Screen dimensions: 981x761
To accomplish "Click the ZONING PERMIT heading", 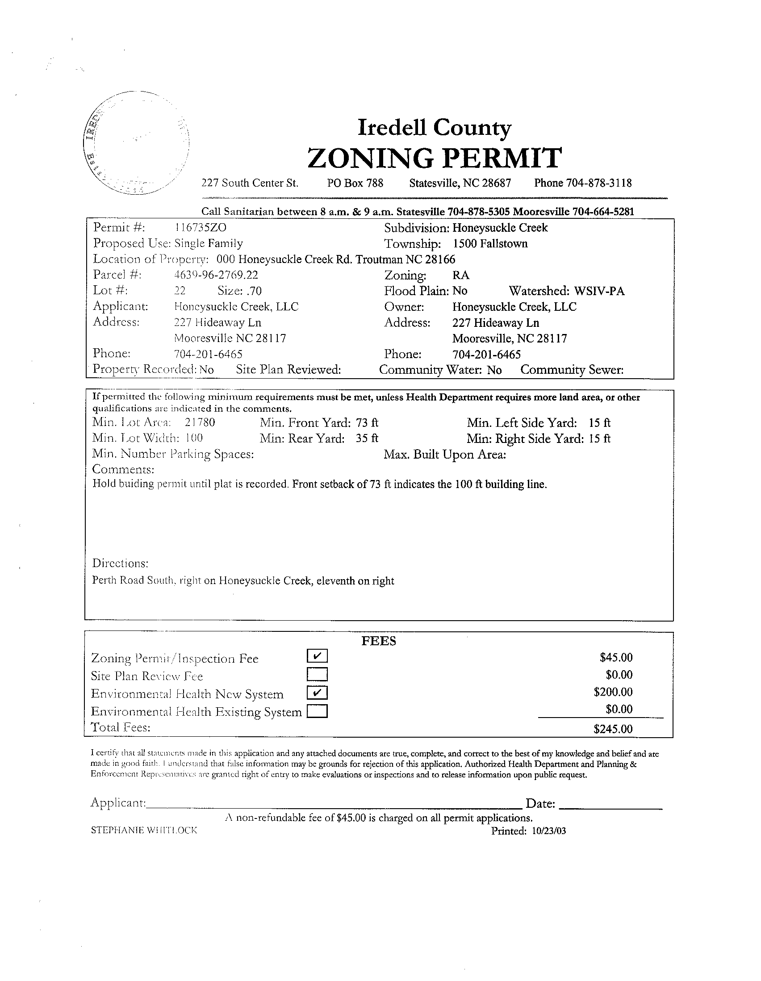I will tap(435, 158).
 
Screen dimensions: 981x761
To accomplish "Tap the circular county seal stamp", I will tap(136, 143).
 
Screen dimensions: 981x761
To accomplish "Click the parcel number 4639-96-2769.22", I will tap(216, 275).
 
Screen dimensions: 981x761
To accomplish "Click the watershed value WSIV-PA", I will tap(599, 291).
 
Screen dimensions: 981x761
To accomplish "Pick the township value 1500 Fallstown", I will tap(490, 244).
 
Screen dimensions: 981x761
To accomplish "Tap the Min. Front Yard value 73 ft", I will tap(367, 423).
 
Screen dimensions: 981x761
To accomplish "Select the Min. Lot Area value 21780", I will tap(200, 423).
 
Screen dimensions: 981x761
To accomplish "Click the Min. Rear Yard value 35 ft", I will tap(367, 438).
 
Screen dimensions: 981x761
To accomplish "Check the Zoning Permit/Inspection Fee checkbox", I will tap(318, 656).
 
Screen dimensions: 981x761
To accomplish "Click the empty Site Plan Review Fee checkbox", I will tap(318, 675).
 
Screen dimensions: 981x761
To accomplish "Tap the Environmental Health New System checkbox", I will tap(318, 693).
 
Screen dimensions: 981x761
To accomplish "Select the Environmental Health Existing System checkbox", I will tap(318, 711).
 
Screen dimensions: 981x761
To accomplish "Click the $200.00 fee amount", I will tap(613, 692).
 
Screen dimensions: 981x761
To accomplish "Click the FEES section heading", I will tap(379, 641).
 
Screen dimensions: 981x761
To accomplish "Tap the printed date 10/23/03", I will tap(548, 831).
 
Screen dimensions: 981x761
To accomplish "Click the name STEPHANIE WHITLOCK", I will tap(144, 830).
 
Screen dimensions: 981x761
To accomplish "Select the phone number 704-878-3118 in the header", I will tap(599, 183).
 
